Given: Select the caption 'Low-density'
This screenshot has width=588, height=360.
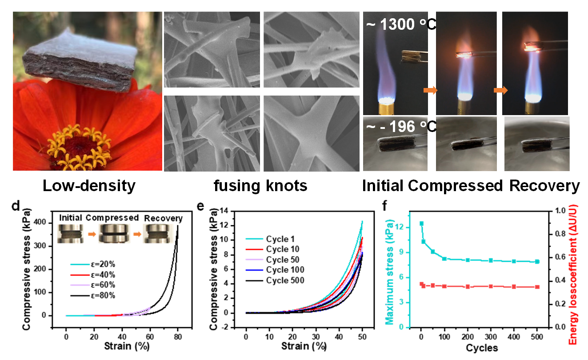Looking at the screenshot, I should click(89, 186).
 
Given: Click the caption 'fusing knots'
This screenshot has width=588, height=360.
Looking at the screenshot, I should click(260, 186).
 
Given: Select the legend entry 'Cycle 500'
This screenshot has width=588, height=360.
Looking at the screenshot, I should click(285, 280).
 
